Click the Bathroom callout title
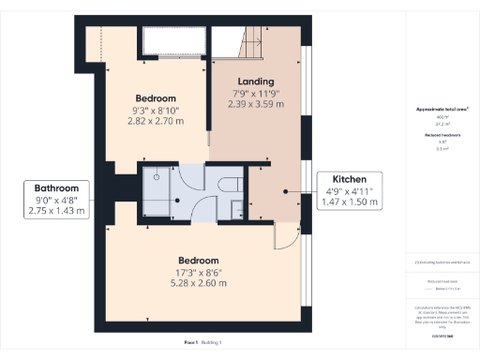coord(58,187)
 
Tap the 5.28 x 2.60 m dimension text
coord(199,282)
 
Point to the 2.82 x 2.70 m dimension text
coord(156,121)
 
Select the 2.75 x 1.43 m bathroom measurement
coord(58,211)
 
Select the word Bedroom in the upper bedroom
coord(156,98)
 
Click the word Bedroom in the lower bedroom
coord(199,260)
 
